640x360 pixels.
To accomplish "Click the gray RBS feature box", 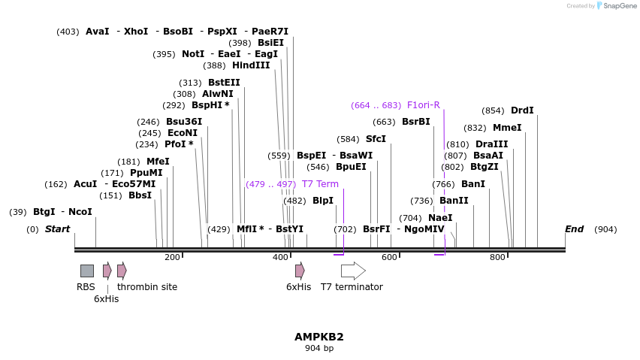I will (87, 271).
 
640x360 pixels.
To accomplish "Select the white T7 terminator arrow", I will (352, 271).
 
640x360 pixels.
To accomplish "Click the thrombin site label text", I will (147, 287).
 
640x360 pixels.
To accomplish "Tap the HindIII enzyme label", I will (251, 65).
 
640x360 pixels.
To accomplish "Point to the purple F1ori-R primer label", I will (424, 105).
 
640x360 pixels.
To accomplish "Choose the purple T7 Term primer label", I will (320, 184).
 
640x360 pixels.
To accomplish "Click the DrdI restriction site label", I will (522, 110).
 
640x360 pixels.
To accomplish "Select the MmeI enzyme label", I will (507, 128).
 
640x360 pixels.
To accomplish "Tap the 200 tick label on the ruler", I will (172, 258).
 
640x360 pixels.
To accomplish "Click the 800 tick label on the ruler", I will (497, 258).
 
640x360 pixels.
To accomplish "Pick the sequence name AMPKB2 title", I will (319, 337).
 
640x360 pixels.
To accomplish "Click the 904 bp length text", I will (319, 348).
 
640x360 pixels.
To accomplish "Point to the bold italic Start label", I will (57, 229).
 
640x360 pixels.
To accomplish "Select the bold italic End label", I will (574, 229).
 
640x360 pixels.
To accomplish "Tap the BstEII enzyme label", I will (224, 83).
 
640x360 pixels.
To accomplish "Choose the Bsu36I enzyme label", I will (184, 122).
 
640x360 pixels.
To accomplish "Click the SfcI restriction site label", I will (376, 139).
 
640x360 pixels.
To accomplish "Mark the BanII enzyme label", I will (454, 201).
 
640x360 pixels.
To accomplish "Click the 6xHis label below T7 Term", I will (298, 287).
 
